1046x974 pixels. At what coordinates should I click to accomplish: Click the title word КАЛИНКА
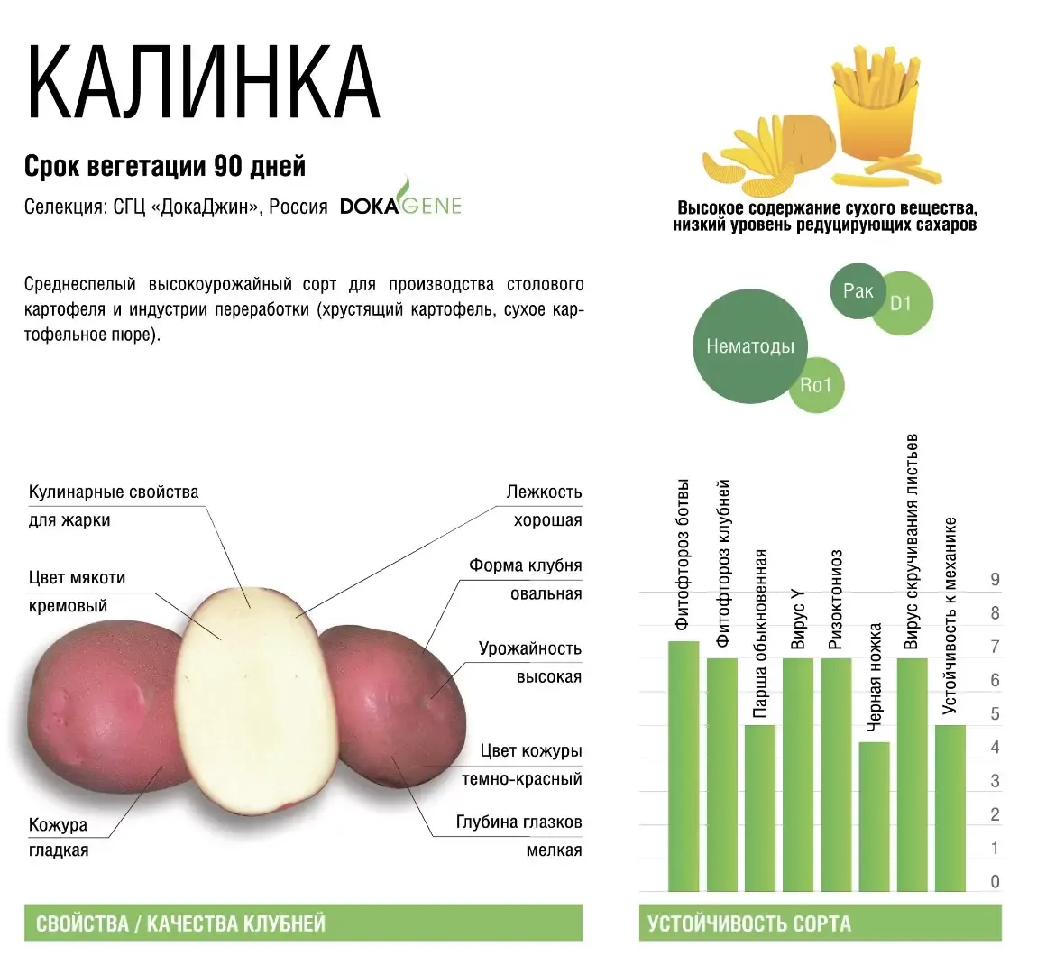203,83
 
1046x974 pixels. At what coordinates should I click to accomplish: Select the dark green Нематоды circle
750,346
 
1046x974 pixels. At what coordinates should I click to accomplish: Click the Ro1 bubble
817,385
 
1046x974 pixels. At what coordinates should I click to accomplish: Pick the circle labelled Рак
858,291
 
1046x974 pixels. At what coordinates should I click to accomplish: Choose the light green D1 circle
901,304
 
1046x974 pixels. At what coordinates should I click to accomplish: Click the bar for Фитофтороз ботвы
684,766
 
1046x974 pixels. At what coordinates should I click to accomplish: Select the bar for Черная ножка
874,816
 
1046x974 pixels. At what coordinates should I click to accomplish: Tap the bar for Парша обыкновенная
760,808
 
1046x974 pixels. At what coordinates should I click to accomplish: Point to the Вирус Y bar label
798,620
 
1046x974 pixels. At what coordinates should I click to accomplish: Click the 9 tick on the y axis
995,579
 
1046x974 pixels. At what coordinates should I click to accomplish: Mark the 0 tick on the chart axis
995,881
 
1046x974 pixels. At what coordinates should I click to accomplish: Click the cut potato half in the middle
255,701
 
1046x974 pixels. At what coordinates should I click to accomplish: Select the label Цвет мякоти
77,578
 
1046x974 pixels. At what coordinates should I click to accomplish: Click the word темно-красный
522,778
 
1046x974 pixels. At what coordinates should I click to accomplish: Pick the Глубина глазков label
519,822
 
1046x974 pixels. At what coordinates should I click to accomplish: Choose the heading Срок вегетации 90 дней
165,166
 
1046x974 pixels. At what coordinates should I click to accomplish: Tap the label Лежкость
544,492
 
